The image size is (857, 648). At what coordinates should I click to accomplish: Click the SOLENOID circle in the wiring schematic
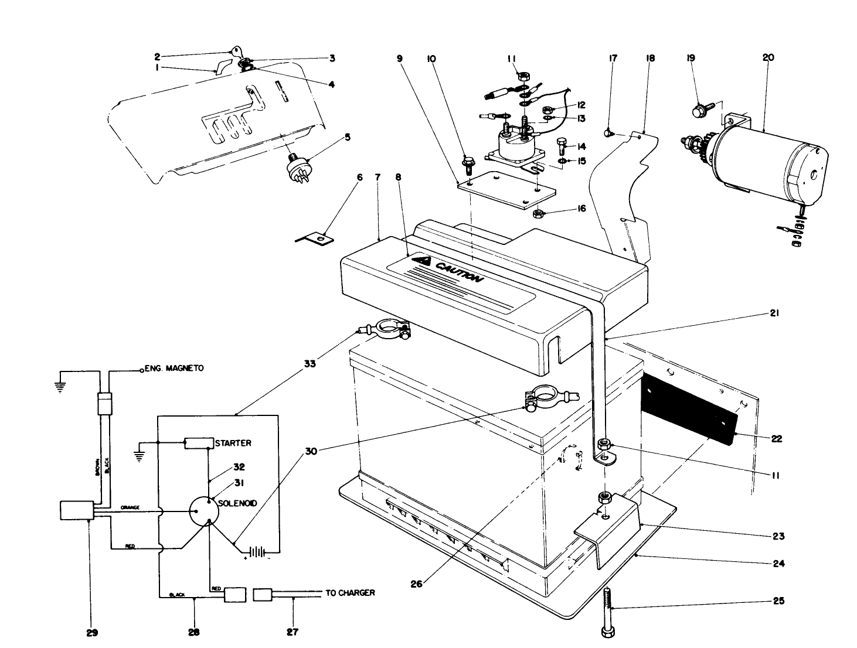[x=204, y=510]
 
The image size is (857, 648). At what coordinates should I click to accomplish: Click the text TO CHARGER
[x=350, y=593]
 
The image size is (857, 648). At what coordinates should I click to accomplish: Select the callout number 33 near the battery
[x=310, y=364]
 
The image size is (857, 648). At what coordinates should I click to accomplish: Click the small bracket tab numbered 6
[x=315, y=238]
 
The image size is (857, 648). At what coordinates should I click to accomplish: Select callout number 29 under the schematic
[x=92, y=632]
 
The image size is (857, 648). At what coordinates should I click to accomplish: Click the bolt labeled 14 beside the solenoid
[x=561, y=145]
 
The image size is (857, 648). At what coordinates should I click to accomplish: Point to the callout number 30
[x=311, y=452]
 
